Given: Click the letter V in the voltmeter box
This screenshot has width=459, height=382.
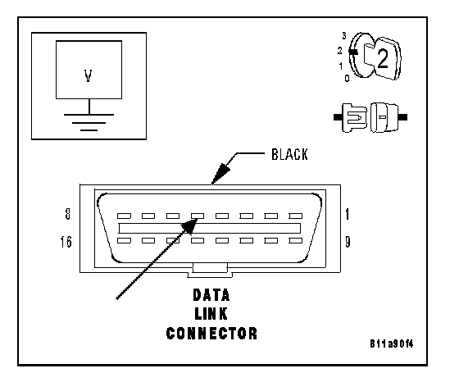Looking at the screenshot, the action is (89, 75).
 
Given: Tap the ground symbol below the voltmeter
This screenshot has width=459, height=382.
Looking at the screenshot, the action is (89, 122).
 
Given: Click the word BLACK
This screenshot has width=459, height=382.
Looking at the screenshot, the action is (289, 155).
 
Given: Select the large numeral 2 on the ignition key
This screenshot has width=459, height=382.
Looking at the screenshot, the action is (383, 59).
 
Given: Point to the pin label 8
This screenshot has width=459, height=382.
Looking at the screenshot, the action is (67, 213).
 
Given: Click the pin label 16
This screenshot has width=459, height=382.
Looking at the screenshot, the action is (66, 242).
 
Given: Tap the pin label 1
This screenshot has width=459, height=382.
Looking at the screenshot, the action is (348, 214).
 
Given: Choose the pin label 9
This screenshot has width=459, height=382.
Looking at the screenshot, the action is (348, 242).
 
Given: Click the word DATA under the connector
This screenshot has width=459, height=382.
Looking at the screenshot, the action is (211, 295).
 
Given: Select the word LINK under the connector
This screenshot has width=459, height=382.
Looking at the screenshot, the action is (211, 314).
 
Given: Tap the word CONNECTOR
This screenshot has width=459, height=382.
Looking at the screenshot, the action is (211, 334).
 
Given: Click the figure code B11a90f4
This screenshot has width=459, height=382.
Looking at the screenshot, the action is (392, 343).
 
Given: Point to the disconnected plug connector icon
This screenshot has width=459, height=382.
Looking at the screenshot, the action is (370, 117).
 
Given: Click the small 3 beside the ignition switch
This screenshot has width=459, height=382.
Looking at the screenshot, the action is (344, 36).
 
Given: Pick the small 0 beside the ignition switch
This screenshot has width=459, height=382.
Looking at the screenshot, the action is (347, 78).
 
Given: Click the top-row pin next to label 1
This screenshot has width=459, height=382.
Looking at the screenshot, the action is (296, 216).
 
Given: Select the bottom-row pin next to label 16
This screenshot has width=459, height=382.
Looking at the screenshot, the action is (124, 241).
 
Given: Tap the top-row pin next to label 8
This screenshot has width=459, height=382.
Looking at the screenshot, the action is (124, 216).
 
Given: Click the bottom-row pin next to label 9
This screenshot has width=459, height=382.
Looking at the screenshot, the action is (296, 241).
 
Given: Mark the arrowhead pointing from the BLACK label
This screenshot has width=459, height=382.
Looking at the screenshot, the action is (220, 174).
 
